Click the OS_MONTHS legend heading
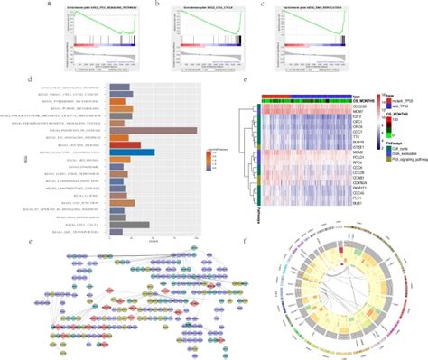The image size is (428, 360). (x=406, y=106)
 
